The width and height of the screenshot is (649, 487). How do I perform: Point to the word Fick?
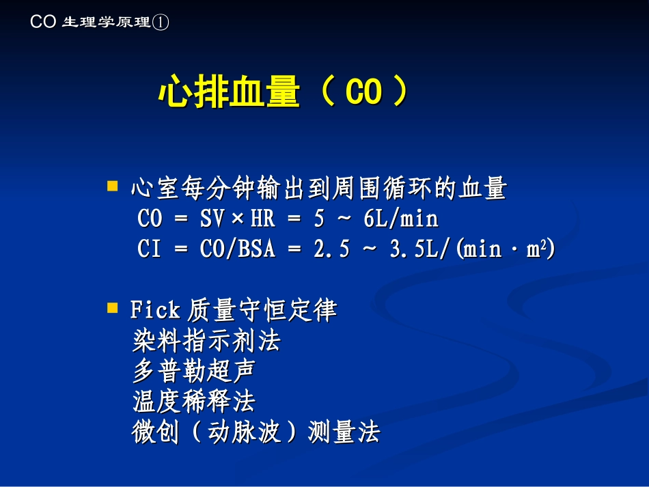154,311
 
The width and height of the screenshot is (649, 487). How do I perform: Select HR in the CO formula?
263,219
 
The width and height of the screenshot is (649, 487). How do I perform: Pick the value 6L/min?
400,219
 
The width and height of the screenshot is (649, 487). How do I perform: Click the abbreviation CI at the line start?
149,249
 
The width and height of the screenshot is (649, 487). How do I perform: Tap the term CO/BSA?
238,249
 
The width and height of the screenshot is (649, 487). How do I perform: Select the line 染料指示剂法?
207,340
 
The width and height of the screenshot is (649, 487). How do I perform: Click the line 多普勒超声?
194,371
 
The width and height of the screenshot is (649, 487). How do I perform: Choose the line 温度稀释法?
194,402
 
